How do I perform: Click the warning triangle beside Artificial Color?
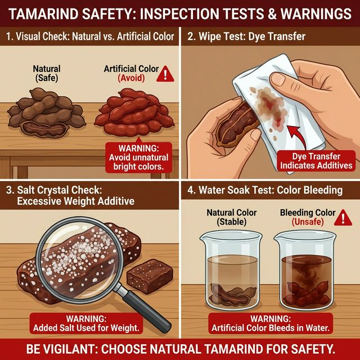pyautogui.click(x=165, y=73)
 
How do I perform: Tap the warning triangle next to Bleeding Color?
pyautogui.click(x=340, y=218)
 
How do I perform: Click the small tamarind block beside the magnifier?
pyautogui.click(x=146, y=275)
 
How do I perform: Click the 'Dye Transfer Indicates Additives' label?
pyautogui.click(x=314, y=161)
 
